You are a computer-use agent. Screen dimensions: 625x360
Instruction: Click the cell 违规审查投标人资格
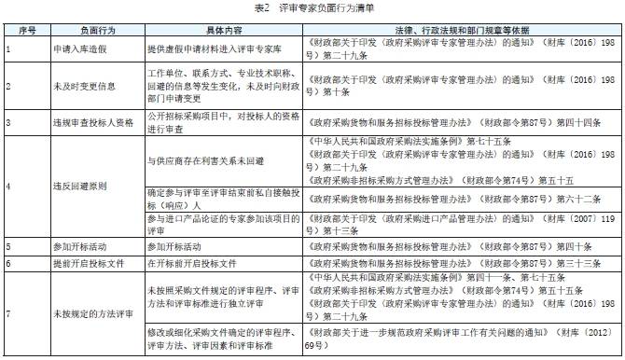[x=85, y=122]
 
